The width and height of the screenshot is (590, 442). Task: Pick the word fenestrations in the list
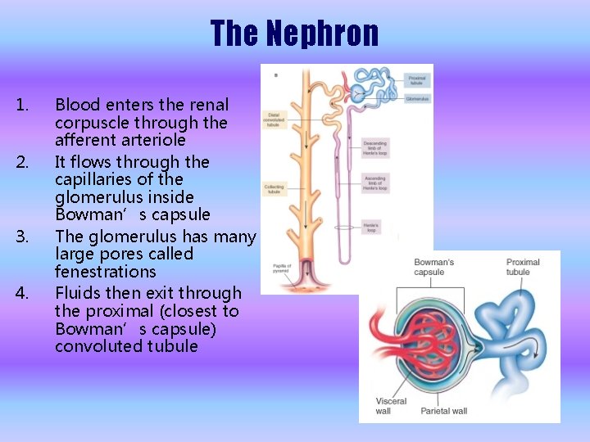pos(105,271)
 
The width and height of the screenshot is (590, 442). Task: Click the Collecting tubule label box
pos(274,189)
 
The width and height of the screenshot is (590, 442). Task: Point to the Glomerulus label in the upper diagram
pos(417,99)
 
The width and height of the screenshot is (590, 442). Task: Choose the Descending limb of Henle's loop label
pos(375,148)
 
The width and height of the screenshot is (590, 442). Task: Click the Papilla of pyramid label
pos(282,267)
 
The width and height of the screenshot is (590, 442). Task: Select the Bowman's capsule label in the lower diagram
pos(433,267)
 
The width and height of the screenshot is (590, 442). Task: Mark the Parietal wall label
pos(444,410)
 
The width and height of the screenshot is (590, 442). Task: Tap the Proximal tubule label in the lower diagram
pos(523,267)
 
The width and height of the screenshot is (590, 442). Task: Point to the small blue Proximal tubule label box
pos(417,80)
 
